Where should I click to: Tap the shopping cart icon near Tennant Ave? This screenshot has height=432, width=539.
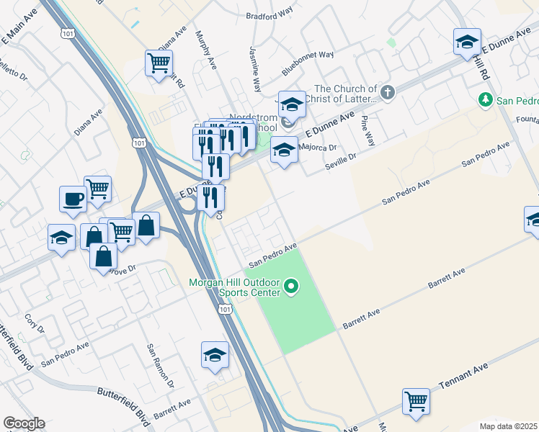coord(416,401)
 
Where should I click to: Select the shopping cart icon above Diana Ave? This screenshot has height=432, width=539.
coord(158,62)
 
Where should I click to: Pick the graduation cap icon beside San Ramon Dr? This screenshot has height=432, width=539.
coord(215,355)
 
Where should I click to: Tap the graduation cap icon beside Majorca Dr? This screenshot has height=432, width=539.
coord(284,150)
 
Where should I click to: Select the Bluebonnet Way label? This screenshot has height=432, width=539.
coord(308,63)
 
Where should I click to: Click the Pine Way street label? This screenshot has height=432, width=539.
coord(368,129)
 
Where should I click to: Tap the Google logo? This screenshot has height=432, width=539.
coord(24,423)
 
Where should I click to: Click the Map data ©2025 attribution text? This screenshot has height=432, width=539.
coord(508,426)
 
